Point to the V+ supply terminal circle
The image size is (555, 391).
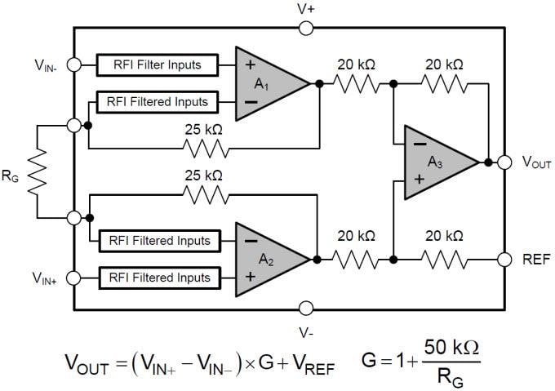click(x=306, y=28)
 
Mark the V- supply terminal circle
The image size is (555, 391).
click(x=306, y=308)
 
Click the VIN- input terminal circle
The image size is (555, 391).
click(x=74, y=64)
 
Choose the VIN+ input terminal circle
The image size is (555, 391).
click(x=74, y=278)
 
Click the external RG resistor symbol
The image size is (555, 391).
click(x=37, y=171)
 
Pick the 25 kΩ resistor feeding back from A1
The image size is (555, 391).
click(x=202, y=148)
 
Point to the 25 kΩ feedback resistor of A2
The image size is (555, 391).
click(x=202, y=194)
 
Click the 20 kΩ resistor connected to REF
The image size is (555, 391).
click(x=444, y=260)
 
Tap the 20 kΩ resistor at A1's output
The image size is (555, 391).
click(x=357, y=82)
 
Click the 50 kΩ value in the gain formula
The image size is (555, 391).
click(x=451, y=348)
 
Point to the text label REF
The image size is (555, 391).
click(x=536, y=260)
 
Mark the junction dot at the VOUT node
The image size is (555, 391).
click(x=488, y=162)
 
